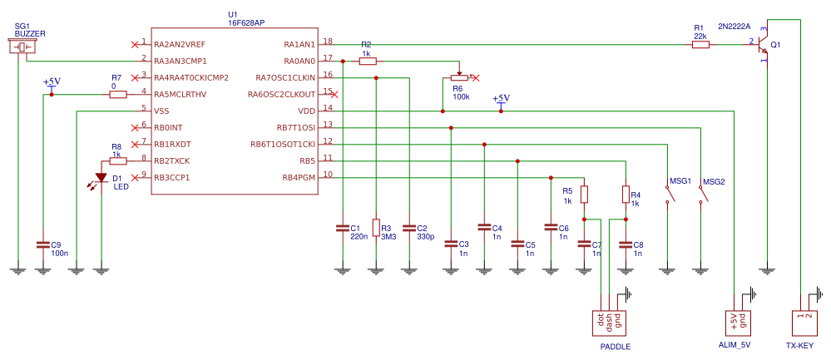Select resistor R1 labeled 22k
tap(700, 44)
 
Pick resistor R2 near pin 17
tap(367, 61)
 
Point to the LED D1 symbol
tap(101, 177)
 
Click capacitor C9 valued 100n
tap(42, 245)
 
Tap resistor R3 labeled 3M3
tap(376, 228)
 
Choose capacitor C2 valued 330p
tap(409, 227)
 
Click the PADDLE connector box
tap(609, 321)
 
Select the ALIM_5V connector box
tap(739, 321)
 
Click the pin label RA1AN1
tap(299, 43)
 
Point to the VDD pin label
tap(306, 110)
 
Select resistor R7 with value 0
tap(117, 94)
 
